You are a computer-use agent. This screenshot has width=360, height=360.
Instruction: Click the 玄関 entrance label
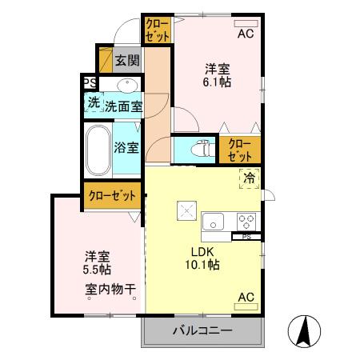click(126, 60)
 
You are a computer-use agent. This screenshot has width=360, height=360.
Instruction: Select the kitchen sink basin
click(214, 221)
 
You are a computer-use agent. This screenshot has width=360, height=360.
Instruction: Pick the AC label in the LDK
click(246, 298)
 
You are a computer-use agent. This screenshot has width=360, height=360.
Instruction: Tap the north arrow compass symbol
click(306, 330)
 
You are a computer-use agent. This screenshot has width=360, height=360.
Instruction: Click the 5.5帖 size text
click(98, 270)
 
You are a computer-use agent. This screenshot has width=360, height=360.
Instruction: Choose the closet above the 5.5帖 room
click(111, 195)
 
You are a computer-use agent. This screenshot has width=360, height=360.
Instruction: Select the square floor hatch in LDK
click(187, 210)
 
